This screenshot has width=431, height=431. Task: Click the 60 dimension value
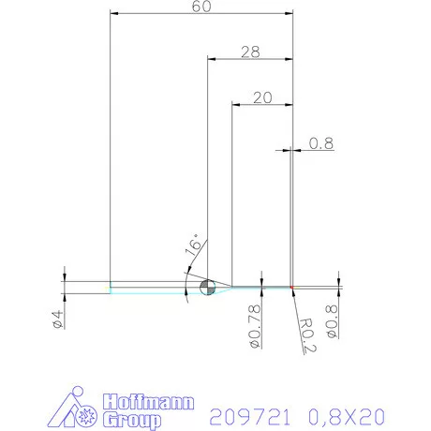[x=199, y=7]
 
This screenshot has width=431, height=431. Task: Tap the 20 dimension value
[x=262, y=97]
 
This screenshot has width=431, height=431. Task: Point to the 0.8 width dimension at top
[x=321, y=143]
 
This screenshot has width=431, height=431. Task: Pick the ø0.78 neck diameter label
[x=253, y=325]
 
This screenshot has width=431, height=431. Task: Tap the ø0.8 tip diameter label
[x=331, y=318]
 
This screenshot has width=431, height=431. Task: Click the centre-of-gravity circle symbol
[x=207, y=287]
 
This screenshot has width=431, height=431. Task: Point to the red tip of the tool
[x=292, y=286]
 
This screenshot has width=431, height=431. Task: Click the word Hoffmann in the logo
[x=147, y=402]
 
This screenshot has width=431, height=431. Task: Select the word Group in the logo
[x=131, y=420]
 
